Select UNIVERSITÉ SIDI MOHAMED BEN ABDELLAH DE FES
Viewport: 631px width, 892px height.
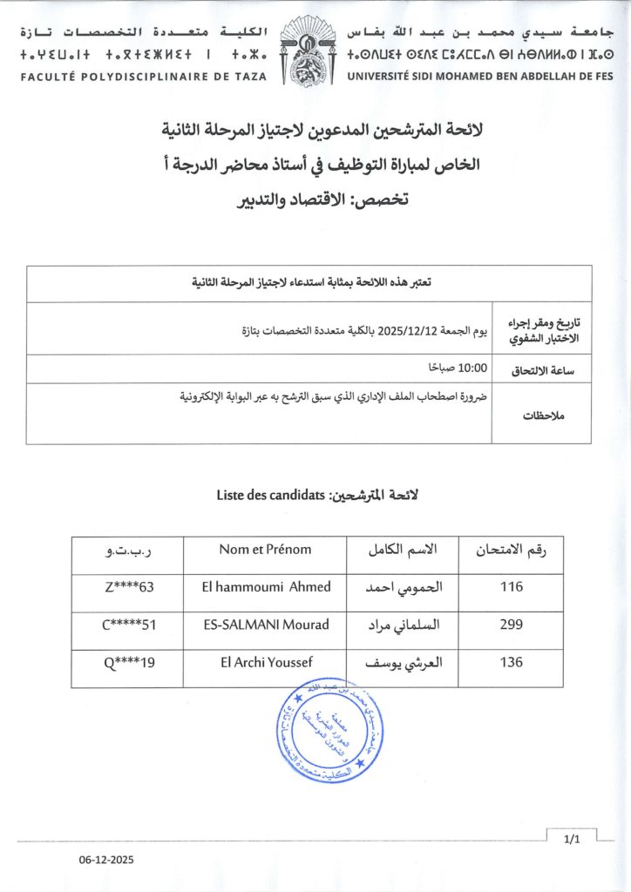(480, 77)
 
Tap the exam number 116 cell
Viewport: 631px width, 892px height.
(512, 587)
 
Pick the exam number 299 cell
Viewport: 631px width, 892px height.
(512, 625)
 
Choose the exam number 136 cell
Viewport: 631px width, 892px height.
(512, 662)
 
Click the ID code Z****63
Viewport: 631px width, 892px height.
(128, 587)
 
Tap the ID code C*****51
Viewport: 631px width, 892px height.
(128, 625)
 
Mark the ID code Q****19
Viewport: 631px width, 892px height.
(130, 662)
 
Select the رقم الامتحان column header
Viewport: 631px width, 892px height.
(512, 550)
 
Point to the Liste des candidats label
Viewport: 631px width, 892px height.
(270, 496)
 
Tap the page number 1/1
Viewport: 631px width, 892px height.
(572, 840)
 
